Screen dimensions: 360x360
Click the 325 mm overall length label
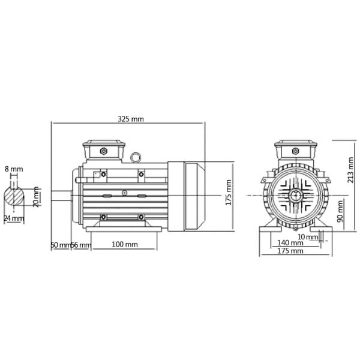point(130,119)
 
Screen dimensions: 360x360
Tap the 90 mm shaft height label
point(340,211)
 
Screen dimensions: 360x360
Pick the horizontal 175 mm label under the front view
point(290,251)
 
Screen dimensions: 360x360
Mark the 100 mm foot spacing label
point(125,245)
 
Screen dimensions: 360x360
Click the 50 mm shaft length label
point(60,245)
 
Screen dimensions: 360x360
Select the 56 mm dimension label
point(82,245)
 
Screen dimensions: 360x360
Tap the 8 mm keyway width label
point(14,170)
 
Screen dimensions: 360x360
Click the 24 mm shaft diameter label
point(14,218)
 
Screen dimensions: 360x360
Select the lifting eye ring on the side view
point(136,158)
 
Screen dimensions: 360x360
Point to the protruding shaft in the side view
point(61,195)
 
